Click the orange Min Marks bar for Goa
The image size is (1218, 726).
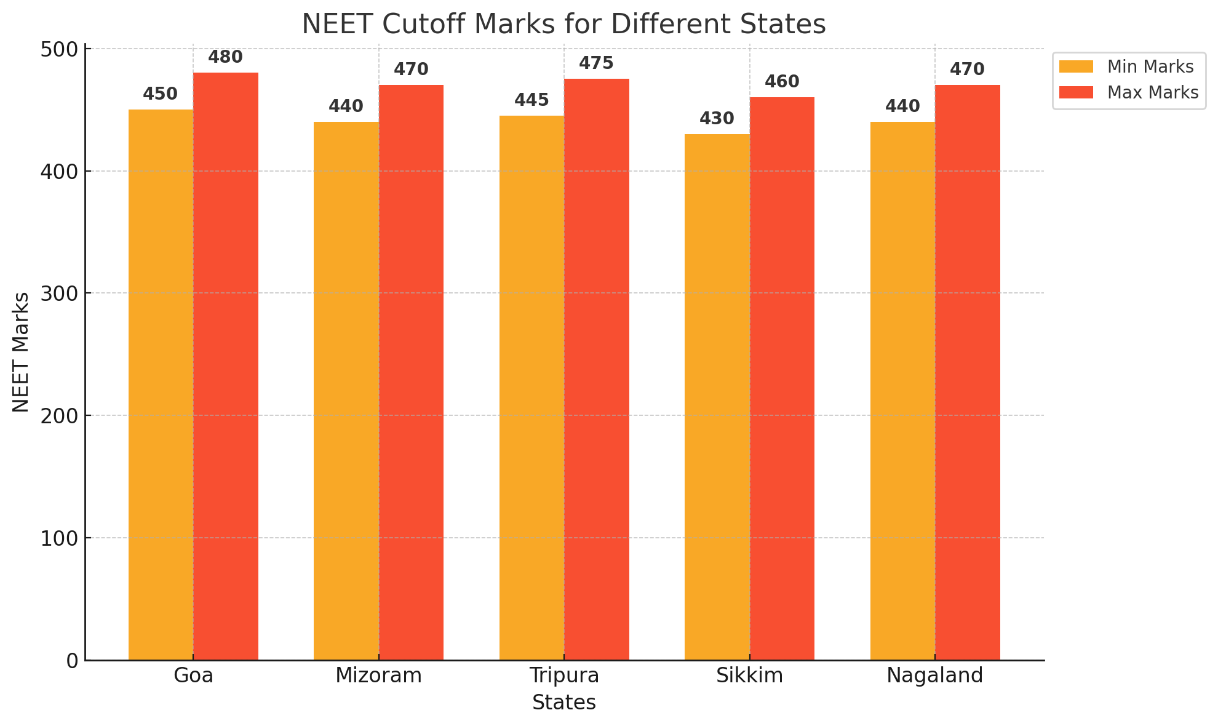(161, 385)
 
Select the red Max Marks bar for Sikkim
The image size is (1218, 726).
(782, 378)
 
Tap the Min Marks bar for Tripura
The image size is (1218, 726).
(531, 388)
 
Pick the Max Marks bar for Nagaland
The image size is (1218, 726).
(968, 372)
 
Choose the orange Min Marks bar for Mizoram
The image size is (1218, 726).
(346, 391)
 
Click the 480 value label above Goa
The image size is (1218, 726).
(225, 57)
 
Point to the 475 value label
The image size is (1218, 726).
(596, 63)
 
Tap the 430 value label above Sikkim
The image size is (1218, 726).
(717, 119)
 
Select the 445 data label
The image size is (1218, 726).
(531, 100)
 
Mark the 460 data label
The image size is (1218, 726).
(782, 82)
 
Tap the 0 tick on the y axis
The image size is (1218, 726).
(73, 661)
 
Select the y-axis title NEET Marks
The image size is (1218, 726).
(21, 352)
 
